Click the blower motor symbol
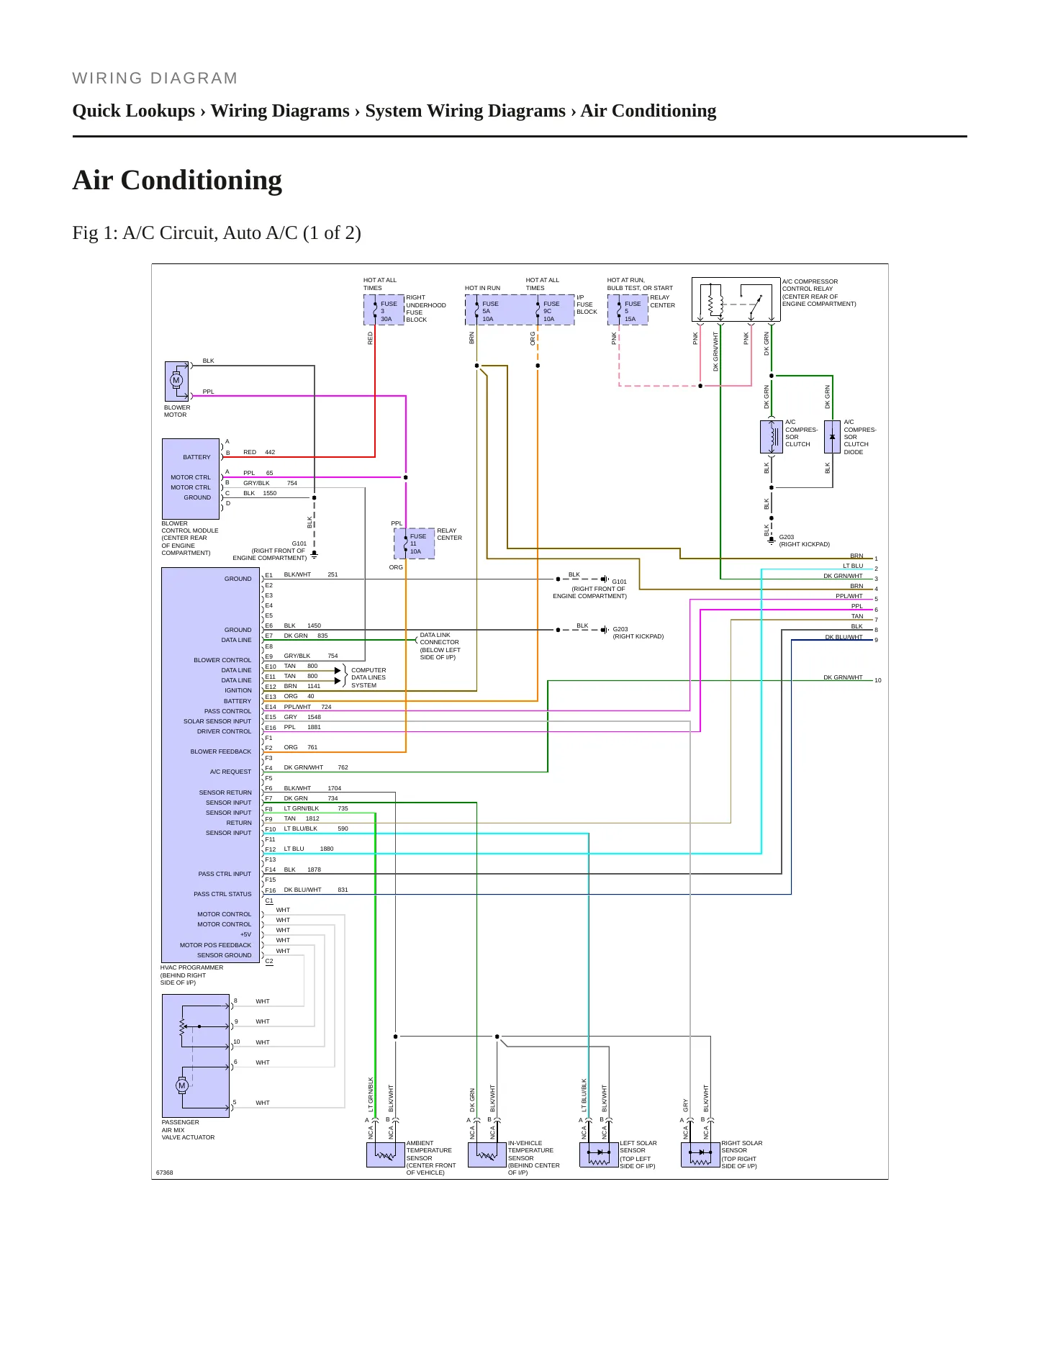click(176, 380)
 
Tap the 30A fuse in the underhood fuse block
click(384, 310)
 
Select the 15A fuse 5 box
click(628, 310)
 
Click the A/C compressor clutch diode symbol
click(832, 437)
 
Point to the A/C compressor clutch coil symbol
click(772, 437)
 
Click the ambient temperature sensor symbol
click(386, 1155)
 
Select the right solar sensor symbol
click(700, 1155)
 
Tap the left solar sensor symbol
click(599, 1155)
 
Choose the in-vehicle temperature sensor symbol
click(487, 1155)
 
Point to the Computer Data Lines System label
click(368, 677)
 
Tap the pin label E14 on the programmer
click(271, 708)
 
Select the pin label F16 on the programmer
click(271, 890)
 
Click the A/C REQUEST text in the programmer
click(230, 772)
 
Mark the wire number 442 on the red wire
click(270, 452)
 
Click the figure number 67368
click(165, 1173)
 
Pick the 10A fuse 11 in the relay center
click(414, 543)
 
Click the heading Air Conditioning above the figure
click(177, 180)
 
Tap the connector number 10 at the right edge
click(878, 680)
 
